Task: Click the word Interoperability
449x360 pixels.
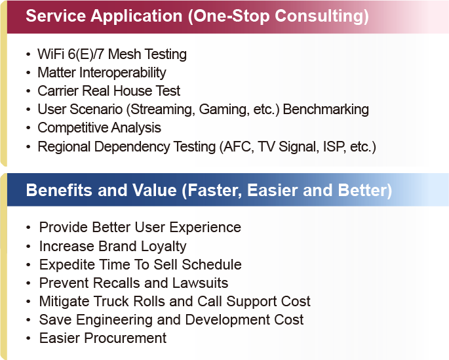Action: tap(123, 73)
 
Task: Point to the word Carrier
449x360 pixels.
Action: tap(58, 90)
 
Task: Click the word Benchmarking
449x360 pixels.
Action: tap(326, 110)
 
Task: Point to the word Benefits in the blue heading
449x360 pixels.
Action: tap(60, 190)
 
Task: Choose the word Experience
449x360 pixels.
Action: tap(205, 228)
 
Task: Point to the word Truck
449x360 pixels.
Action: tap(111, 301)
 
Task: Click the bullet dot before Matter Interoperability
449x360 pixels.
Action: tap(28, 73)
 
